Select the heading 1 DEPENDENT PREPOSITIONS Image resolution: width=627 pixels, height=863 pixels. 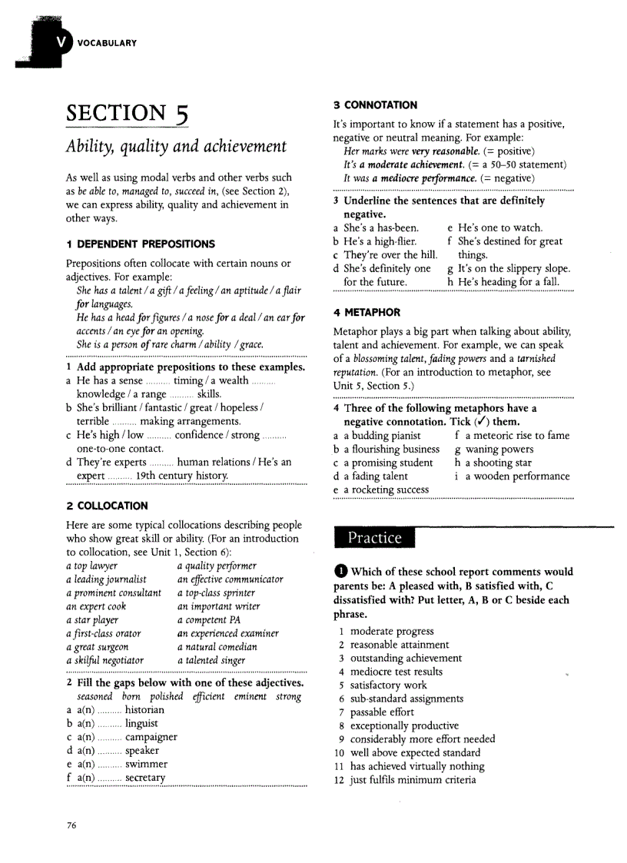(x=141, y=244)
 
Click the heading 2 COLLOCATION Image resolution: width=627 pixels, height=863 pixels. (x=107, y=506)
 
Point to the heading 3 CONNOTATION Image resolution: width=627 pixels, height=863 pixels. (x=376, y=105)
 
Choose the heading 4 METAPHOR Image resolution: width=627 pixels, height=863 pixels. (x=367, y=313)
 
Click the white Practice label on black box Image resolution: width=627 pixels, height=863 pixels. (x=374, y=538)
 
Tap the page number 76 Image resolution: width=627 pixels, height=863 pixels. (x=71, y=825)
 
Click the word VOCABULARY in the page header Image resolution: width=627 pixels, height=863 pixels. (x=107, y=43)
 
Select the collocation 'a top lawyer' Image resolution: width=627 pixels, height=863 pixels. (x=92, y=566)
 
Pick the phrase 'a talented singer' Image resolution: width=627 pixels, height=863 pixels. (x=211, y=660)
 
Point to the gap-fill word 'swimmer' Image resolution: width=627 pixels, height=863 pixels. (x=146, y=765)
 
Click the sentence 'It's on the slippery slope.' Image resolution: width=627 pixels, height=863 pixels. (x=513, y=269)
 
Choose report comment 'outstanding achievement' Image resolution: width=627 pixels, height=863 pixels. (x=406, y=659)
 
